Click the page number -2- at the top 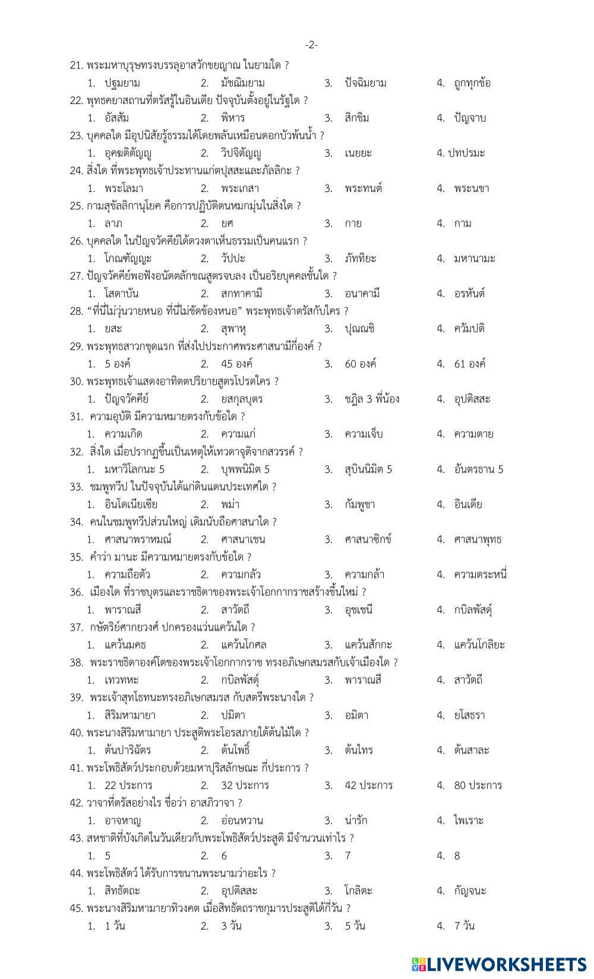tap(311, 45)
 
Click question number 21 tap(76, 65)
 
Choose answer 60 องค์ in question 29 tap(360, 364)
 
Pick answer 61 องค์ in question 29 tap(469, 364)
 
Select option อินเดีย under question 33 tap(468, 505)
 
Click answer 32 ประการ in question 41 tap(245, 785)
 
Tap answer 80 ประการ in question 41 tap(478, 785)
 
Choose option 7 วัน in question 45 tap(465, 926)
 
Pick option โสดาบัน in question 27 tap(123, 294)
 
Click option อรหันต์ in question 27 tap(469, 294)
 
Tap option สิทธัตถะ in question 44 tap(122, 891)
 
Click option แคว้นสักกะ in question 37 tap(368, 645)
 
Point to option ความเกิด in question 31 tap(124, 434)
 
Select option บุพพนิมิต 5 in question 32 tap(245, 470)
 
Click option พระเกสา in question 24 tap(240, 188)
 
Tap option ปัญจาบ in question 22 tap(470, 118)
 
